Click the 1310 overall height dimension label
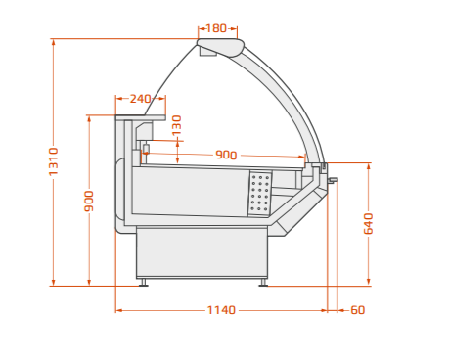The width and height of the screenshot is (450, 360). click(x=53, y=161)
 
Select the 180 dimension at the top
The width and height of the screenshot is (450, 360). click(x=216, y=28)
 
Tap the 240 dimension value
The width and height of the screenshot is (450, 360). click(x=140, y=99)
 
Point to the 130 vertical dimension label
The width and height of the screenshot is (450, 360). click(x=176, y=125)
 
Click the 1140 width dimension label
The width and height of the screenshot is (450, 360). click(x=221, y=310)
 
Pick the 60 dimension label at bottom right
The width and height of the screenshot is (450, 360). click(x=358, y=310)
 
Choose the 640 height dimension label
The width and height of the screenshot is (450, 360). click(x=368, y=224)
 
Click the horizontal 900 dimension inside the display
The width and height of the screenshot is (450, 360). click(x=226, y=155)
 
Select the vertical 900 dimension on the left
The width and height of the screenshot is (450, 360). click(x=89, y=202)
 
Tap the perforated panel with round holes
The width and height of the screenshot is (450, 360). click(x=260, y=193)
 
